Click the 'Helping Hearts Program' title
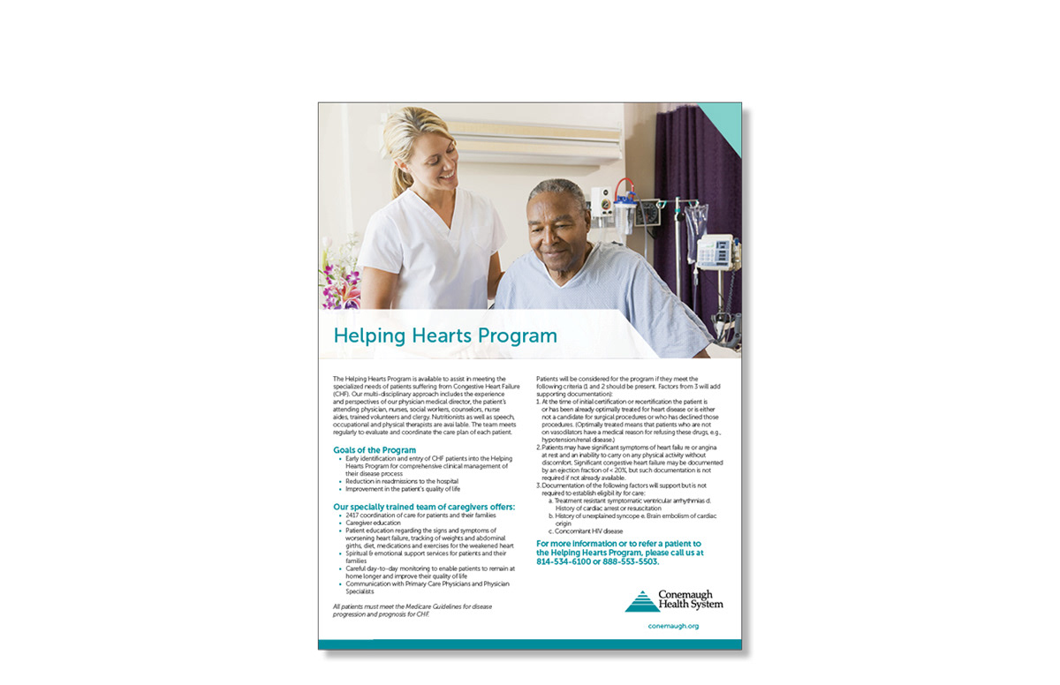coord(444,336)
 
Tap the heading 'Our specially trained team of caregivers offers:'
coord(424,507)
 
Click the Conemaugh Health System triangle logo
coord(641,601)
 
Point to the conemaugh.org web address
coord(673,626)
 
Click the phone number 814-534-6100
coord(564,561)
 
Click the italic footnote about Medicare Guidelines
coord(413,611)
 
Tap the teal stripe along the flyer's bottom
coord(530,644)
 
